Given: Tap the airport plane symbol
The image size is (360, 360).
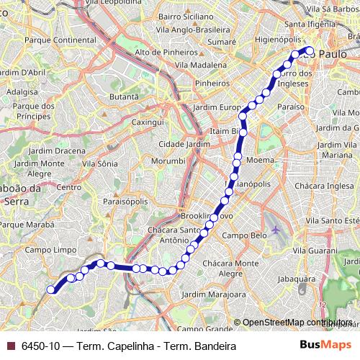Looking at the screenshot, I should pos(276,230).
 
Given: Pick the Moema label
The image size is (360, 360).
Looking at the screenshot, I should pos(260,159).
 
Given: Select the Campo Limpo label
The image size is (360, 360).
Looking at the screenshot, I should pos(45,249).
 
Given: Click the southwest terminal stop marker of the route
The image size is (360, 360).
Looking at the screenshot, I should pos(51,289).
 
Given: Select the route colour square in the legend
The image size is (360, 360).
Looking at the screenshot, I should pos(9,346).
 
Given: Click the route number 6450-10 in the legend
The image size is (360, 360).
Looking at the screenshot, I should pos(40,346).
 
